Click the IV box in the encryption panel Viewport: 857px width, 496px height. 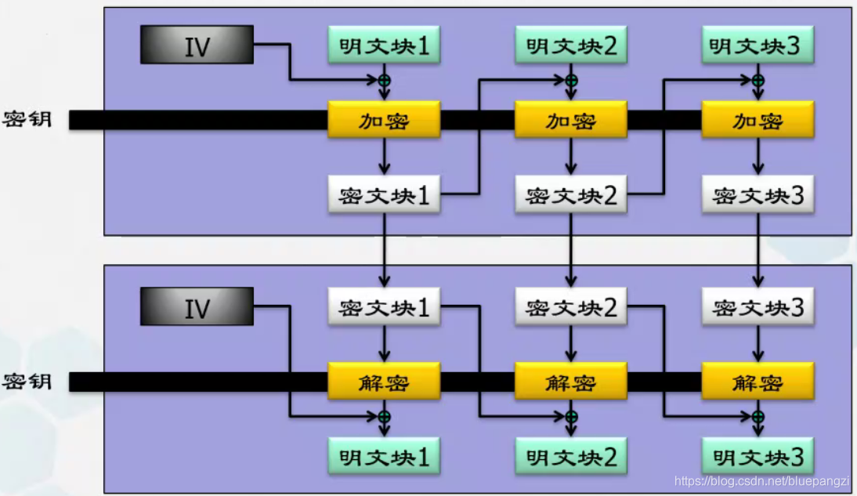click(x=197, y=45)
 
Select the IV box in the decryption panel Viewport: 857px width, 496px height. click(x=197, y=307)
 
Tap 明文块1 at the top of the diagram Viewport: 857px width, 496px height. click(x=384, y=45)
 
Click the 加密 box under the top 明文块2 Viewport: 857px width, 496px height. click(x=571, y=121)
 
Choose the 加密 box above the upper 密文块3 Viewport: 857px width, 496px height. click(x=758, y=121)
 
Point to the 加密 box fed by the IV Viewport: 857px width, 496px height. click(x=384, y=121)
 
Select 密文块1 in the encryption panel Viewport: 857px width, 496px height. click(x=384, y=194)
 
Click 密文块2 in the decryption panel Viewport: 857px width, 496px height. click(x=571, y=307)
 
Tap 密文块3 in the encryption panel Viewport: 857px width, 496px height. click(x=758, y=194)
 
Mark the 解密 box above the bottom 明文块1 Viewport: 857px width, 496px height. click(x=384, y=382)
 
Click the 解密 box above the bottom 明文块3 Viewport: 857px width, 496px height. click(x=758, y=382)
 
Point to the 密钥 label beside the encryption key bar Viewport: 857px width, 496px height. click(x=27, y=120)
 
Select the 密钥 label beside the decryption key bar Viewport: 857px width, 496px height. click(x=27, y=382)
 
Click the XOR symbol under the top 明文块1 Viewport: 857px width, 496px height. click(x=384, y=80)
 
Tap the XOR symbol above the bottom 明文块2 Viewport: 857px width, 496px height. click(x=571, y=416)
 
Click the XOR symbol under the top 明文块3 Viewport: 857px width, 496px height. click(x=758, y=80)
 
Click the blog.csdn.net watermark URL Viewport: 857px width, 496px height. click(x=761, y=480)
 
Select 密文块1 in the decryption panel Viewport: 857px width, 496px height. click(x=384, y=307)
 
